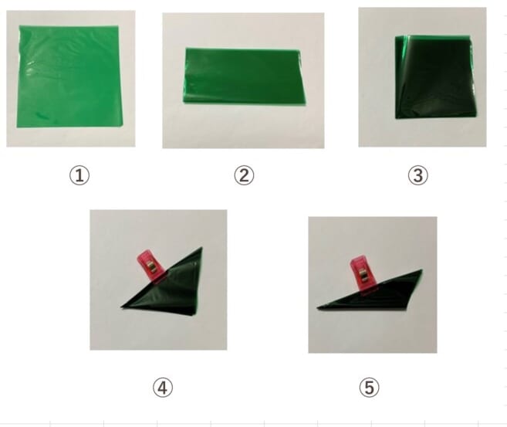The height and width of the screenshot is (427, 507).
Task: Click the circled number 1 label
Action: click(x=79, y=175)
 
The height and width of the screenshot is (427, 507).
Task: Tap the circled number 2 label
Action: click(x=244, y=175)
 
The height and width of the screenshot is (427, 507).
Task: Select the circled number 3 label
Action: click(x=417, y=175)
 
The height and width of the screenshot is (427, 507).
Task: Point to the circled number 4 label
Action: click(x=163, y=388)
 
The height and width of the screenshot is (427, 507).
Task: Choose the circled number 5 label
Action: click(x=369, y=388)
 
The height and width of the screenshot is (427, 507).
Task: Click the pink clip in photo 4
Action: click(x=151, y=266)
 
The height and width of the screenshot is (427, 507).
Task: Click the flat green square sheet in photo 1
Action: click(x=69, y=76)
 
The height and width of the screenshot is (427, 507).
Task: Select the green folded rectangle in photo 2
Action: click(x=244, y=76)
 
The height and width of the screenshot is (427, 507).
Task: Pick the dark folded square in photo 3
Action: click(x=435, y=77)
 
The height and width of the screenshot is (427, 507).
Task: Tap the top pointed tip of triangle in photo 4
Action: click(x=201, y=248)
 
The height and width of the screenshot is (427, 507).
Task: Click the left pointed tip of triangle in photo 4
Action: click(x=122, y=307)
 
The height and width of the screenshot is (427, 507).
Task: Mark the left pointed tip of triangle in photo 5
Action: click(x=317, y=308)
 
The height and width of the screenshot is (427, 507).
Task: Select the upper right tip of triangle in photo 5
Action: click(x=421, y=269)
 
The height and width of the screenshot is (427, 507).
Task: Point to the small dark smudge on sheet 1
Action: click(x=42, y=116)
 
